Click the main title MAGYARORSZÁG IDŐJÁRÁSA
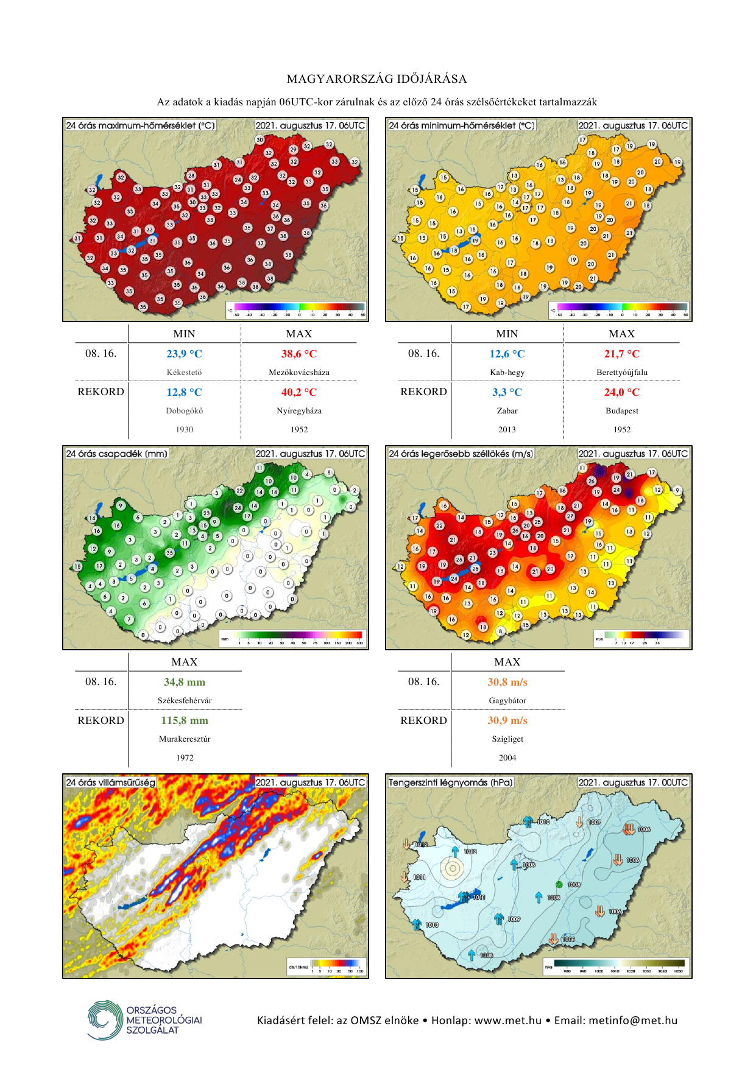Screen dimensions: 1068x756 point(377,79)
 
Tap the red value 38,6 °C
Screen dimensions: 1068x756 point(299,354)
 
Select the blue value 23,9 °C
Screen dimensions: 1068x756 point(184,354)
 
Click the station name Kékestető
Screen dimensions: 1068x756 point(184,372)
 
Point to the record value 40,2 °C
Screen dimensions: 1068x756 point(299,392)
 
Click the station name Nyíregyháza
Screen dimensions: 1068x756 point(299,411)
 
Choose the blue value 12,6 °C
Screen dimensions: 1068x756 point(507,354)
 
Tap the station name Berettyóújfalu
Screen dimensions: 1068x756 point(621,372)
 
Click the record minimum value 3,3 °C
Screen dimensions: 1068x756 point(507,392)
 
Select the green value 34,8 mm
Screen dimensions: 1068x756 point(184,682)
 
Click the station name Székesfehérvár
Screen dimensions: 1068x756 point(184,700)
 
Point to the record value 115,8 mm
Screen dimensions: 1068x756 point(184,720)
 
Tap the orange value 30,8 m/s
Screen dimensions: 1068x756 point(507,682)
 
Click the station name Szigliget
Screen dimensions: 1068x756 point(507,739)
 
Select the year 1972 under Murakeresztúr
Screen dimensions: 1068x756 point(184,757)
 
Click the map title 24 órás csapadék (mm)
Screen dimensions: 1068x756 point(116,454)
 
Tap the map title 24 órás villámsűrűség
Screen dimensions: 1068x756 point(110,782)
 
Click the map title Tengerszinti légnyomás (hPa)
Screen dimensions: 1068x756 point(451,782)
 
